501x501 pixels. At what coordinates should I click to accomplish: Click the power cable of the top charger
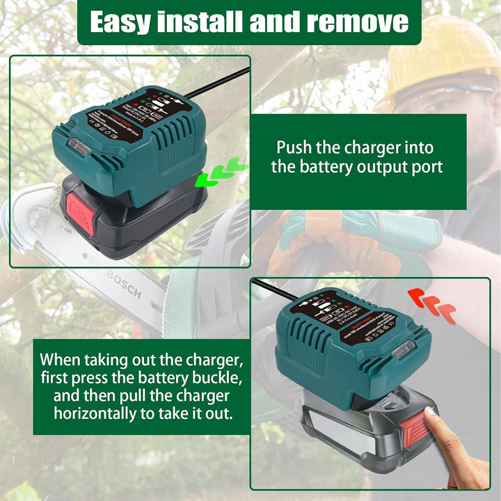click(216, 83)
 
